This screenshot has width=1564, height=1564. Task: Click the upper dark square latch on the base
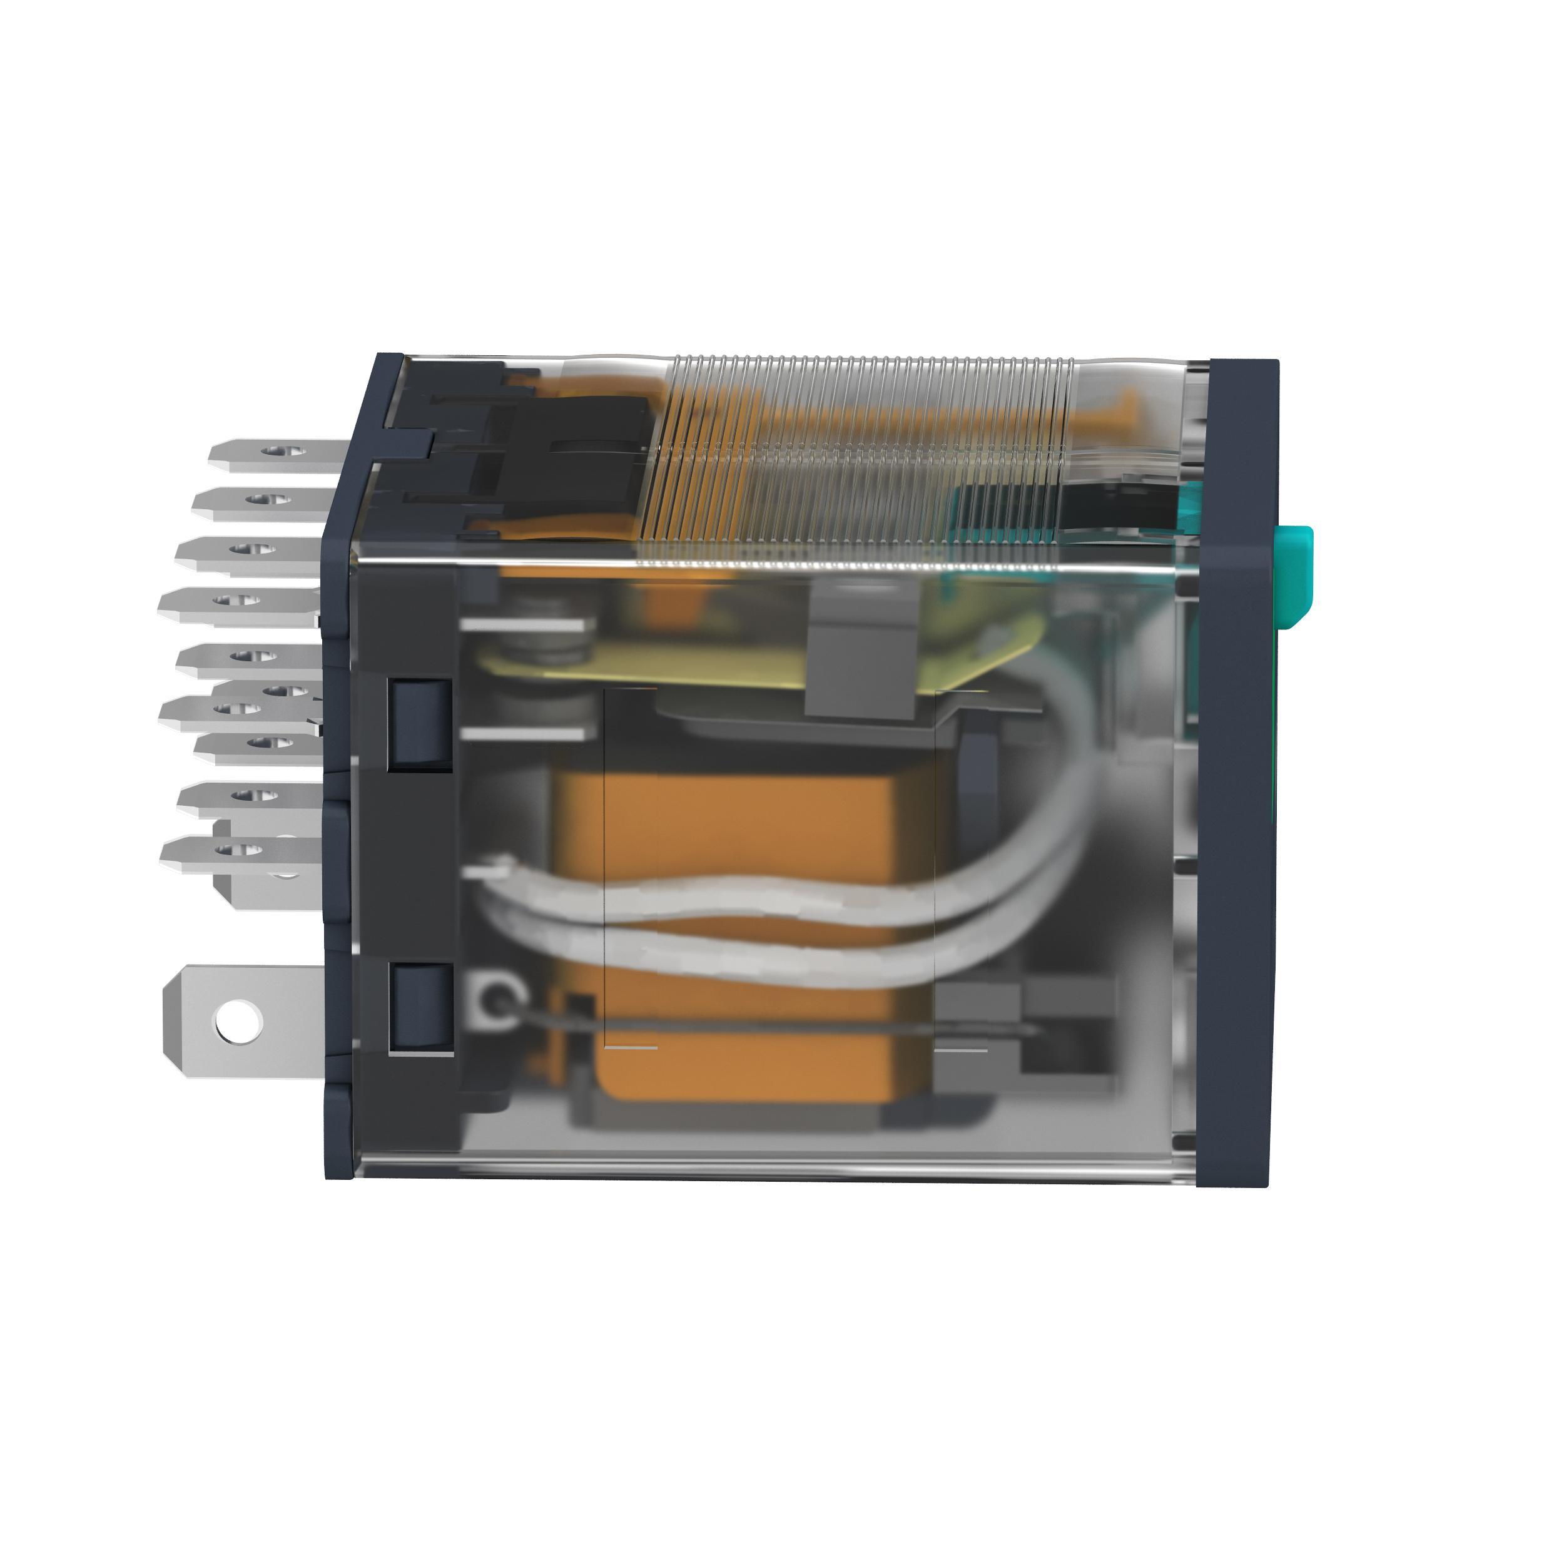[420, 723]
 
